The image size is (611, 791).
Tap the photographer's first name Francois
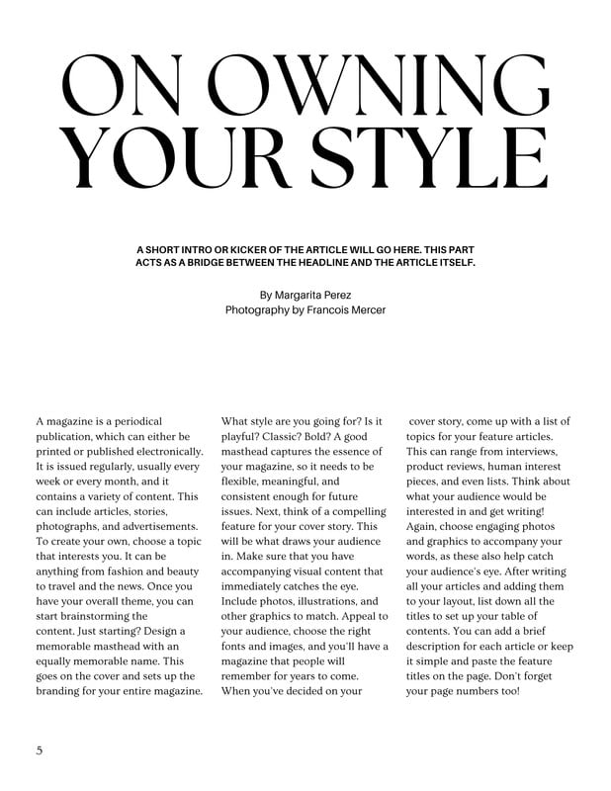tap(318, 310)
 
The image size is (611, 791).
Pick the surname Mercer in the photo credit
tap(366, 310)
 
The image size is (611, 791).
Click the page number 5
tap(39, 749)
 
